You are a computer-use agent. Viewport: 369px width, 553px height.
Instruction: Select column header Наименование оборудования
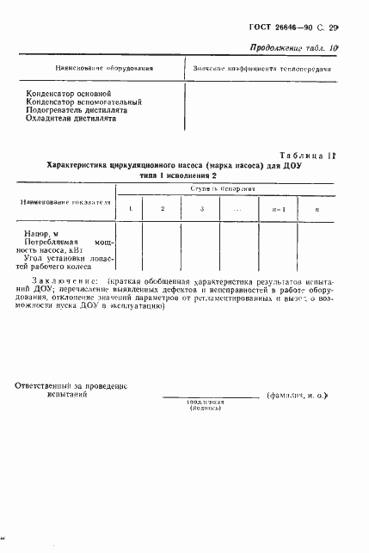(93, 66)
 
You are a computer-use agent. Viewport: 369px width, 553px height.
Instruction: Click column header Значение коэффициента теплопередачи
(262, 66)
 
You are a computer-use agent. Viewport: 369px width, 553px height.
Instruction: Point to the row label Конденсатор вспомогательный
(83, 101)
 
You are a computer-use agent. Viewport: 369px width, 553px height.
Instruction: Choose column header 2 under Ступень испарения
(162, 209)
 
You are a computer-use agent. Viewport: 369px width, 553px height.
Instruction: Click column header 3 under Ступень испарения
(201, 209)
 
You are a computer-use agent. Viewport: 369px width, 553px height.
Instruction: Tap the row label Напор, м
(42, 233)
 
